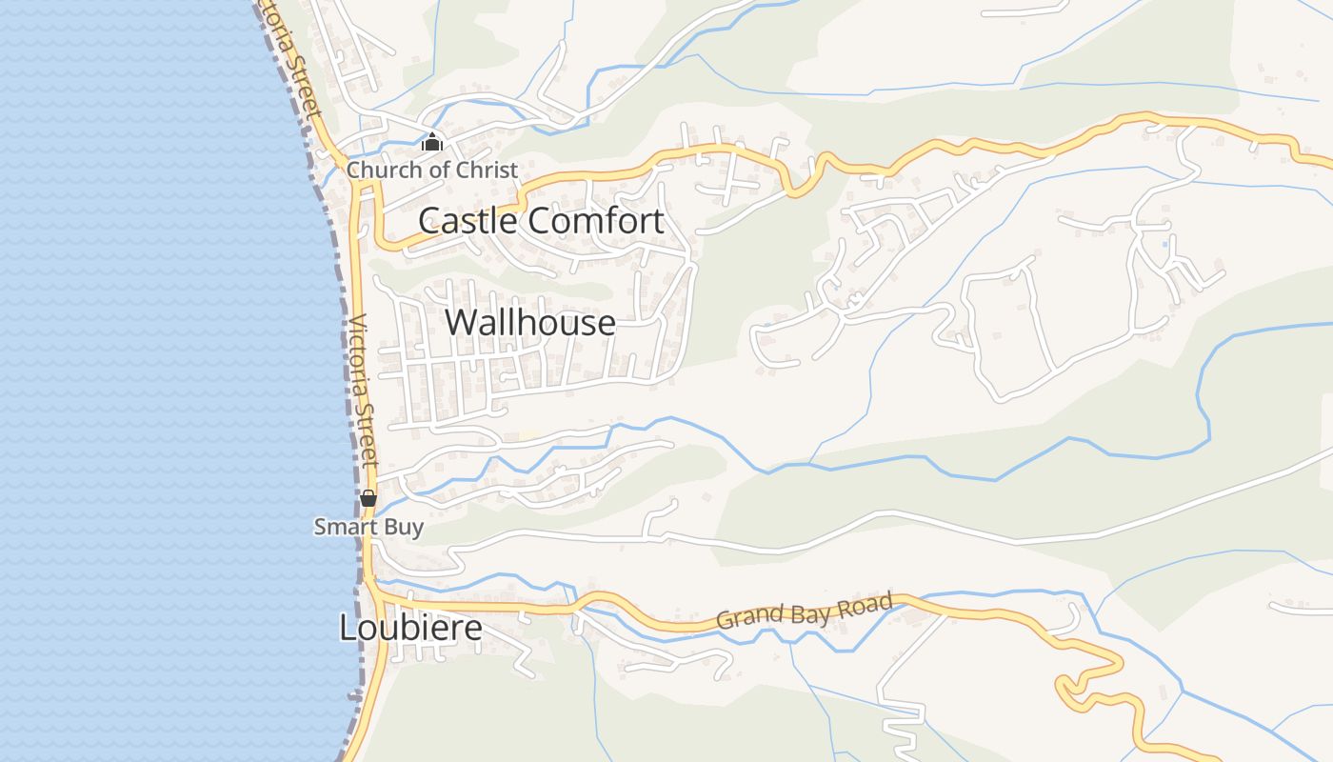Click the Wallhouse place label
[529, 323]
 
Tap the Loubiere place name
[410, 628]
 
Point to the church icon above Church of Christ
[432, 144]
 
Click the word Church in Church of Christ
[383, 170]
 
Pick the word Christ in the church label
[487, 170]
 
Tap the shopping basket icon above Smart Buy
[368, 498]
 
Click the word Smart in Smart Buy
[341, 527]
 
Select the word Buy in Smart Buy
[404, 527]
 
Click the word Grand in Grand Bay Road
[748, 617]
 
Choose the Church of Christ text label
[432, 170]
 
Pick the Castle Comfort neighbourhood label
[541, 221]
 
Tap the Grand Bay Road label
[805, 611]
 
